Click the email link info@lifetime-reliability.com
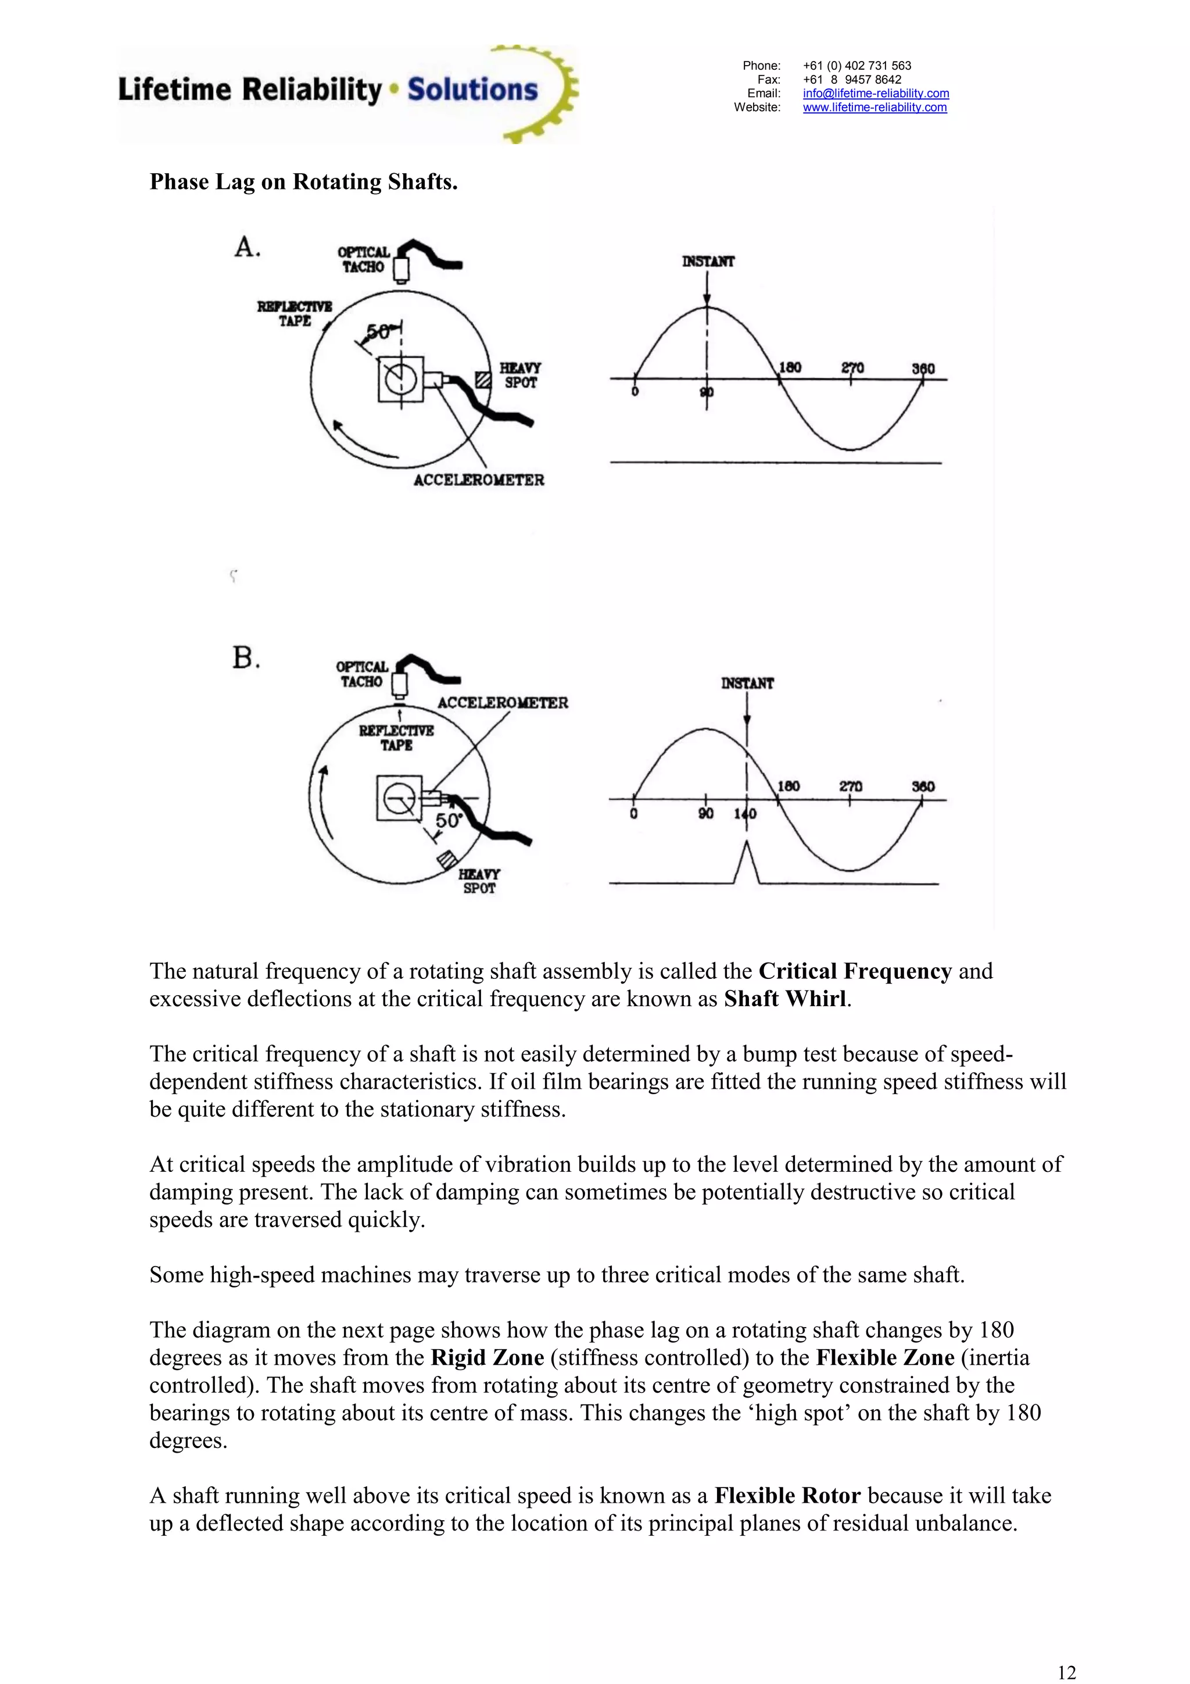pyautogui.click(x=876, y=93)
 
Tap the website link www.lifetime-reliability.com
pyautogui.click(x=874, y=107)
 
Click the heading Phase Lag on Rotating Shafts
pyautogui.click(x=303, y=182)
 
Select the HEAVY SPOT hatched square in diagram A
pyautogui.click(x=482, y=380)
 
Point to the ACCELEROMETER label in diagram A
pyautogui.click(x=479, y=480)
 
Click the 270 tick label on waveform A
pyautogui.click(x=852, y=367)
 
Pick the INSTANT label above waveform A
pyautogui.click(x=708, y=261)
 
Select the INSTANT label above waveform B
pyautogui.click(x=747, y=683)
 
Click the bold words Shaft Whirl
pyautogui.click(x=785, y=999)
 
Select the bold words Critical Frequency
pyautogui.click(x=855, y=971)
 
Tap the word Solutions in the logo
pyautogui.click(x=473, y=90)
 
